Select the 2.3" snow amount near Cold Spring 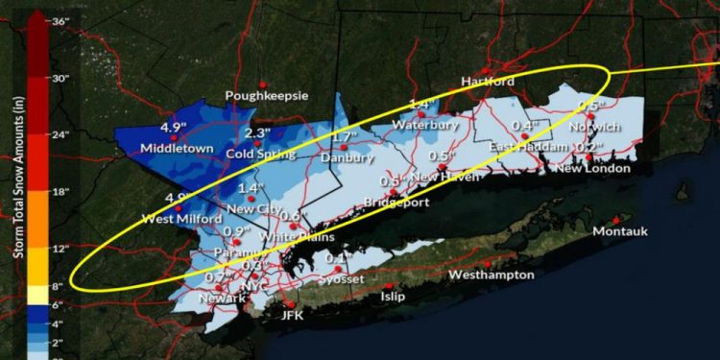(x=257, y=133)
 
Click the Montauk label (x=621, y=232)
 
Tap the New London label (x=593, y=168)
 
